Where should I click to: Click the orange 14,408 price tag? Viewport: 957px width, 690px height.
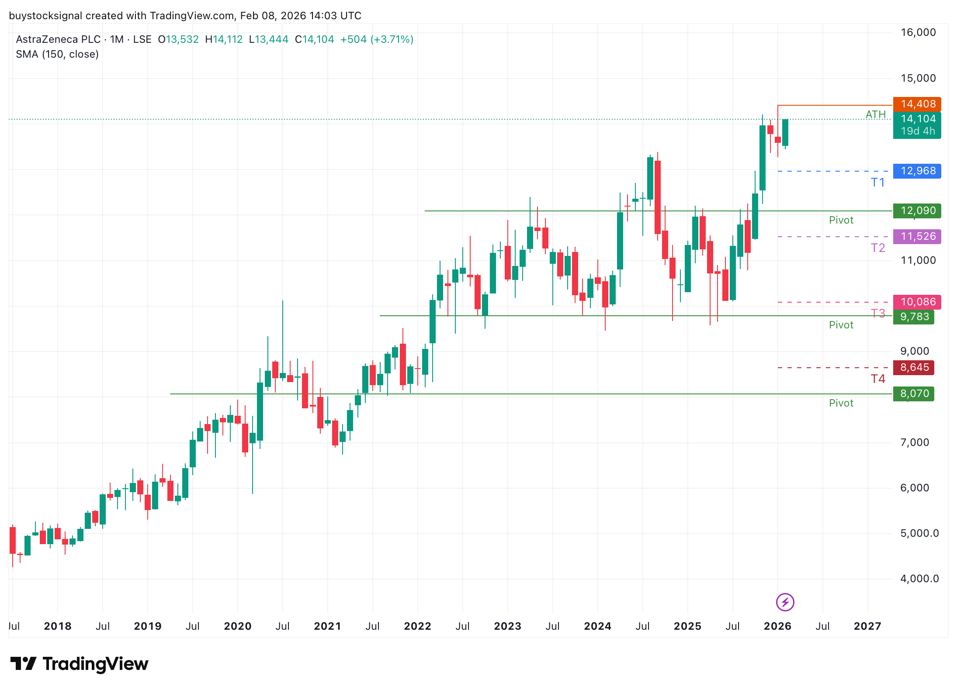click(x=917, y=104)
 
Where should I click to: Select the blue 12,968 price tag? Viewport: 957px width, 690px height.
click(x=917, y=171)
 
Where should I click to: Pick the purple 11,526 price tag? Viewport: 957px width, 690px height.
click(x=917, y=236)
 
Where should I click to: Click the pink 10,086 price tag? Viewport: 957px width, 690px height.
click(x=917, y=302)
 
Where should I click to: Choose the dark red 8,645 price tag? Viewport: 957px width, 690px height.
click(x=914, y=367)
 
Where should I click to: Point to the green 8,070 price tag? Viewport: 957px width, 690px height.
click(x=914, y=393)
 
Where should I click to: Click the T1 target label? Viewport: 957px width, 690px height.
click(x=877, y=183)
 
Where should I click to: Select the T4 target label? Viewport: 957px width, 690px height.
click(x=877, y=379)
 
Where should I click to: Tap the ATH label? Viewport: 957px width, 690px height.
click(x=875, y=114)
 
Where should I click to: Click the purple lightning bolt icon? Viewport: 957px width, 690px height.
click(x=785, y=602)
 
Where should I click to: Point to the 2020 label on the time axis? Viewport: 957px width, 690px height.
click(x=237, y=626)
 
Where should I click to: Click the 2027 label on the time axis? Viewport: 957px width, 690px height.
click(x=867, y=626)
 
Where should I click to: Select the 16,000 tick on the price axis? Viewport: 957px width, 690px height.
click(x=918, y=32)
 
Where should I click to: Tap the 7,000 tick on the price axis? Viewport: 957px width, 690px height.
click(x=915, y=442)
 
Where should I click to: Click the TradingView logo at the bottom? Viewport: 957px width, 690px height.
click(x=80, y=664)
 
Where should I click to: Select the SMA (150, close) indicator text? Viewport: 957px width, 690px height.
click(x=57, y=54)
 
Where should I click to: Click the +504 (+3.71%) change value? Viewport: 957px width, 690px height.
click(x=377, y=39)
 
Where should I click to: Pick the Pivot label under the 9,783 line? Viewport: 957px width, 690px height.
click(x=841, y=325)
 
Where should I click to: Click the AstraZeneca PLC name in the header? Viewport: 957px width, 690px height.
click(x=58, y=39)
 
